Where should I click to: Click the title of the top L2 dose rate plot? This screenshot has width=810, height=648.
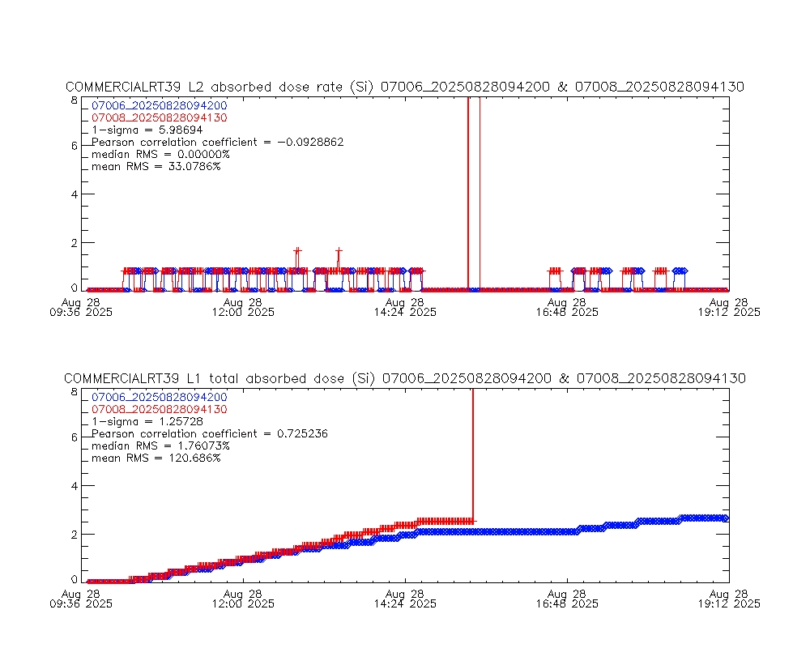(x=404, y=87)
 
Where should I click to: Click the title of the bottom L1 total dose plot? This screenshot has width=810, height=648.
(x=404, y=379)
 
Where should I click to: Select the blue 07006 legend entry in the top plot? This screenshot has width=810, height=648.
(x=160, y=105)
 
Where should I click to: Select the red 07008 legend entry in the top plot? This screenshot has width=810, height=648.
(x=160, y=117)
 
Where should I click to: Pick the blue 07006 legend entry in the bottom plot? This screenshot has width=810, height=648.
(x=160, y=397)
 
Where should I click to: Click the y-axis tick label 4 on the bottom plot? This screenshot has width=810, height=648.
(x=75, y=486)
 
